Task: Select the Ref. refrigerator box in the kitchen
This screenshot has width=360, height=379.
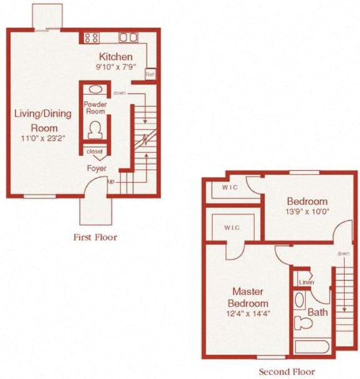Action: point(150,74)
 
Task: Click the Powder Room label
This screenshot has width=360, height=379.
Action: point(95,108)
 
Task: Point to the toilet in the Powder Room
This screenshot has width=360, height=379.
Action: point(96,130)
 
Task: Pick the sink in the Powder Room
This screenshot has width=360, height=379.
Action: point(95,89)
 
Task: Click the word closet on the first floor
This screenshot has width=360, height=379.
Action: point(95,151)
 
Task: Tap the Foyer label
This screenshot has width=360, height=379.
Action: point(96,169)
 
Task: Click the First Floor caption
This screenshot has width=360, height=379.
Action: point(95,237)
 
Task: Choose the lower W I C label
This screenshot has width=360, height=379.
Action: point(231,228)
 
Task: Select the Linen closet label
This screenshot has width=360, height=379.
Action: point(305,281)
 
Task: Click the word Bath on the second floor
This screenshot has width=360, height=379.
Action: point(318,311)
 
